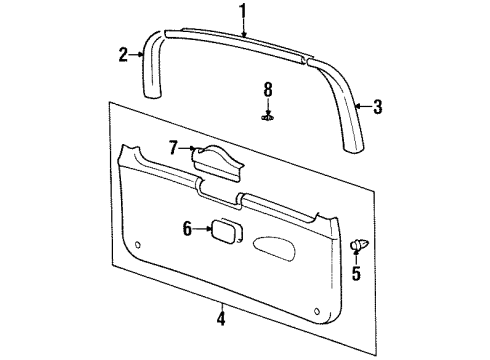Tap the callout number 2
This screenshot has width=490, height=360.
click(x=123, y=55)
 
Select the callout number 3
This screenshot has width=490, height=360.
click(x=378, y=107)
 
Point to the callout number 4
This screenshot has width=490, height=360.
click(x=222, y=320)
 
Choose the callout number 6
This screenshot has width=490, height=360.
click(x=186, y=228)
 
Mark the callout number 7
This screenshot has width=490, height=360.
click(x=173, y=148)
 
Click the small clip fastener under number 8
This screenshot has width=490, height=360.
click(x=267, y=118)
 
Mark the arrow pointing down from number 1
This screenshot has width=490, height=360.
click(x=242, y=28)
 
